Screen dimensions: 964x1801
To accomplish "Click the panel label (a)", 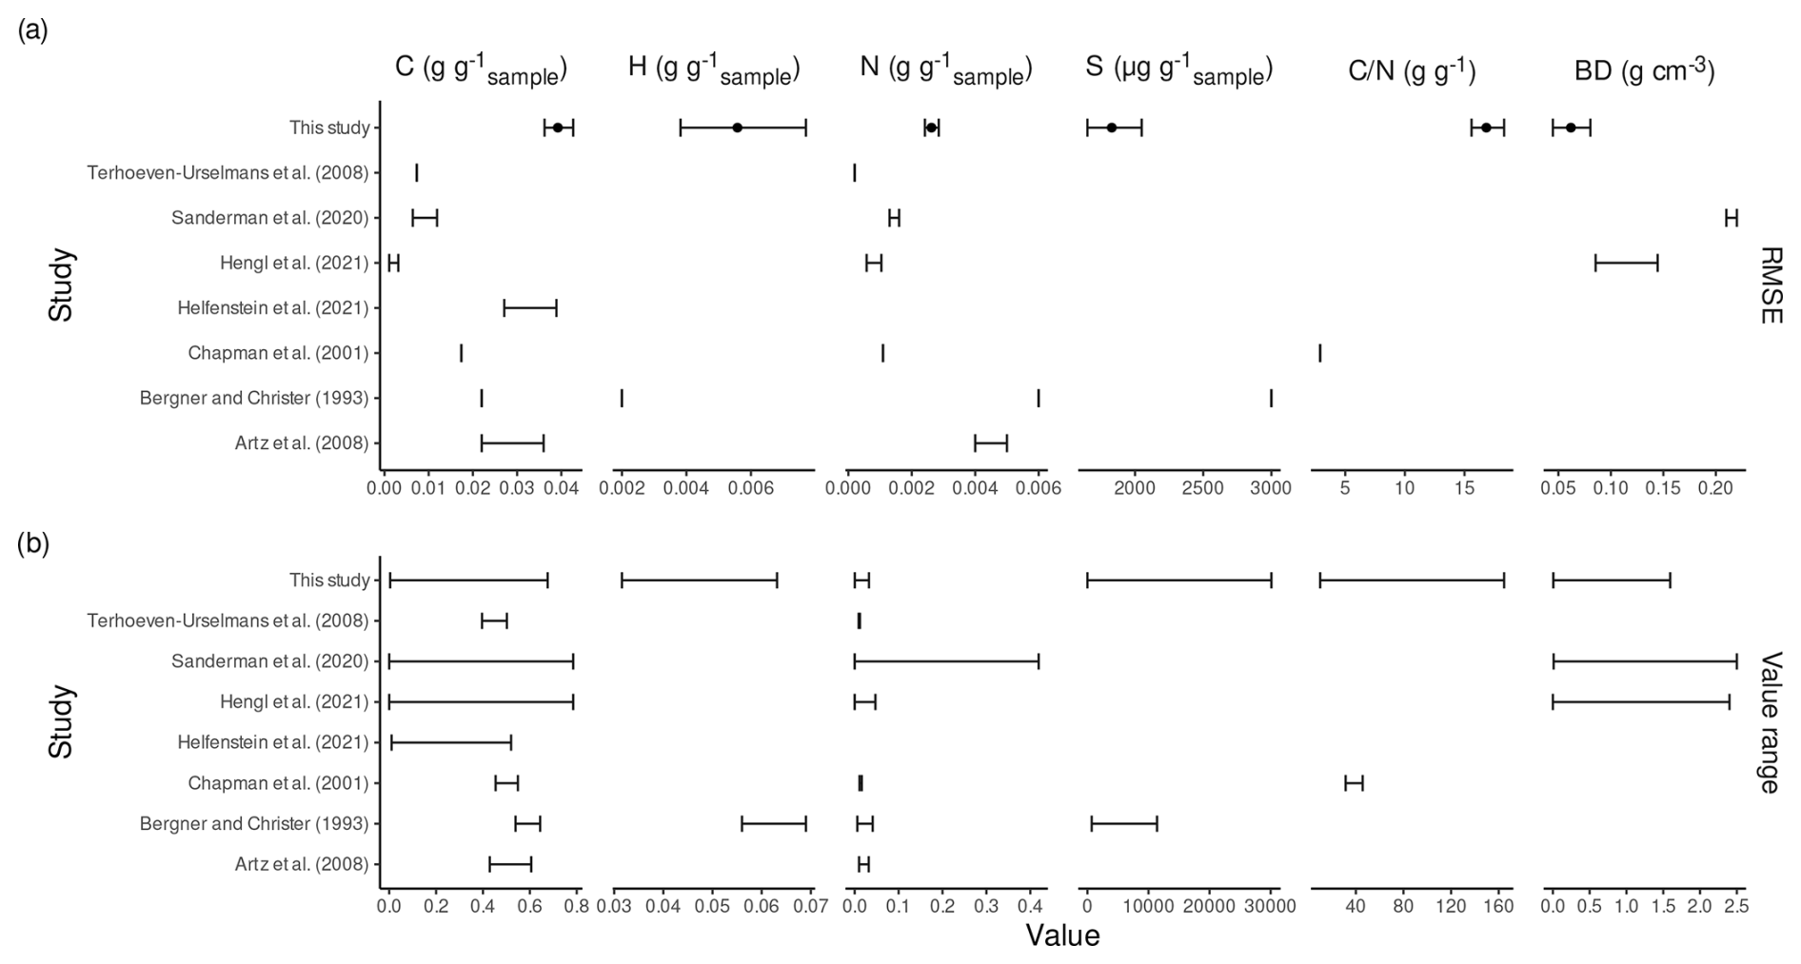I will tap(32, 30).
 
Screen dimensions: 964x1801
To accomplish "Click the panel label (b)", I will tap(32, 543).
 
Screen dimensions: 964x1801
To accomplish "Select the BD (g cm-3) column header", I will tap(1644, 70).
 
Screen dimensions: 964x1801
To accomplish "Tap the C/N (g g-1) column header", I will tap(1412, 70).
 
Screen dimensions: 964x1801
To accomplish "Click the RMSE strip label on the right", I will tap(1770, 285).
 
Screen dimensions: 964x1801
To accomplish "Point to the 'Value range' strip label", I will tap(1770, 722).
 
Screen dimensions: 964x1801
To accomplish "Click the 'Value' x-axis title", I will tap(1062, 936).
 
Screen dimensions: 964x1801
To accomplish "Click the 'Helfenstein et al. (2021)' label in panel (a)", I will tap(273, 307).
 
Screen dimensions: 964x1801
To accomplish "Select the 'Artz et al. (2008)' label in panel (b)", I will tap(302, 864).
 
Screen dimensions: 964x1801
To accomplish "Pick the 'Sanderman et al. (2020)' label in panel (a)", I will tap(270, 218).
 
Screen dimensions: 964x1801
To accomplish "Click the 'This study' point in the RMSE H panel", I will tap(738, 128).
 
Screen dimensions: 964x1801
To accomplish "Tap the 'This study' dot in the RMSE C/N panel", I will tap(1486, 128).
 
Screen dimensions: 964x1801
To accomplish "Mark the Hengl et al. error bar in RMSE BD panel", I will tap(1626, 264).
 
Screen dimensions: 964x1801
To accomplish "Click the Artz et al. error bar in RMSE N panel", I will tap(991, 443).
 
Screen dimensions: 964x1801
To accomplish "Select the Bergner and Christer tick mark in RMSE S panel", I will tap(1271, 398).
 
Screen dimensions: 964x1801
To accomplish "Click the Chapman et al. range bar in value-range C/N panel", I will tap(1354, 783).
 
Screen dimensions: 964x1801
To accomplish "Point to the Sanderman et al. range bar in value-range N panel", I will tap(946, 661).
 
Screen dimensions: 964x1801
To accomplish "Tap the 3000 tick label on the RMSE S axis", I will tap(1271, 489).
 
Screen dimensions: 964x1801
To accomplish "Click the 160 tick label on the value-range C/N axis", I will tap(1498, 907).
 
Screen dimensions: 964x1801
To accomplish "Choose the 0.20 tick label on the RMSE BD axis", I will tap(1715, 489).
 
